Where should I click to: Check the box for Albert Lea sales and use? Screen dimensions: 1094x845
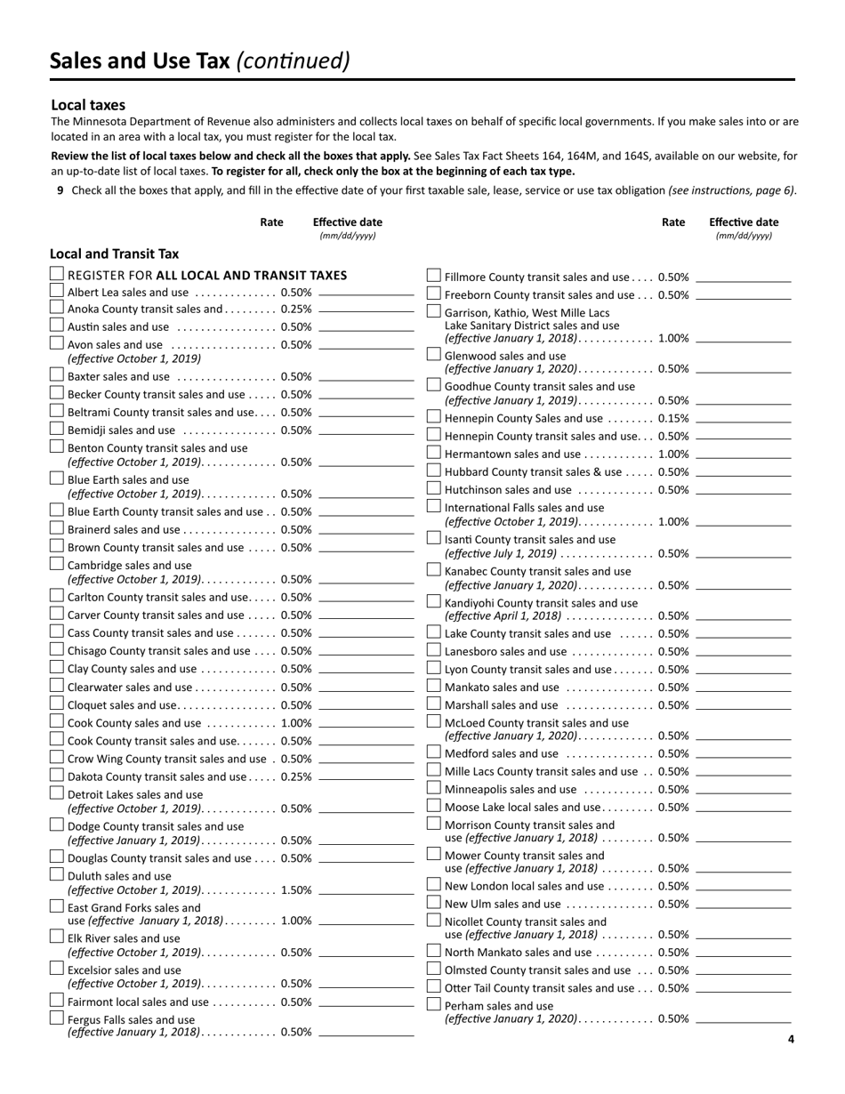click(57, 291)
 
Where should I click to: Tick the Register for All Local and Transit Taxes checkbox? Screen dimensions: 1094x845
click(57, 274)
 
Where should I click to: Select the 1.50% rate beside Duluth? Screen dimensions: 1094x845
click(296, 889)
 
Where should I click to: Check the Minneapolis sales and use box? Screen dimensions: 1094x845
click(434, 788)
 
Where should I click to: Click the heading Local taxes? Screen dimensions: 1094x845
click(88, 105)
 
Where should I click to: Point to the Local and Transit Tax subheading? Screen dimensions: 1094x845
click(114, 253)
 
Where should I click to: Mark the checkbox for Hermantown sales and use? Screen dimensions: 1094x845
click(434, 453)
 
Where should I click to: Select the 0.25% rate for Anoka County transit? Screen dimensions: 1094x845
click(296, 310)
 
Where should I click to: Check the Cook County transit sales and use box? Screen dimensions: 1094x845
click(57, 739)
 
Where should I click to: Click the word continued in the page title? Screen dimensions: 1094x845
click(293, 60)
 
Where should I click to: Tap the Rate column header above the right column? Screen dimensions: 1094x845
click(673, 222)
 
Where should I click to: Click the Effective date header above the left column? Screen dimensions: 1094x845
click(348, 222)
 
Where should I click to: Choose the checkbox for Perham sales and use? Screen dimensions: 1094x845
click(434, 1004)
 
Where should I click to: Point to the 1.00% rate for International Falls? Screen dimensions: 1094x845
click(673, 521)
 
